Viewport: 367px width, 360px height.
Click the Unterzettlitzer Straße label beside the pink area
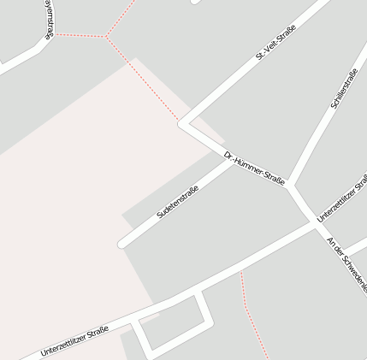(74, 340)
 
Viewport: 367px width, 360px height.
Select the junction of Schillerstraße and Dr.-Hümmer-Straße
(291, 184)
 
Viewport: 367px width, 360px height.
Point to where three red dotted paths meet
(107, 37)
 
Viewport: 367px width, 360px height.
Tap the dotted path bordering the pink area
(145, 81)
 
